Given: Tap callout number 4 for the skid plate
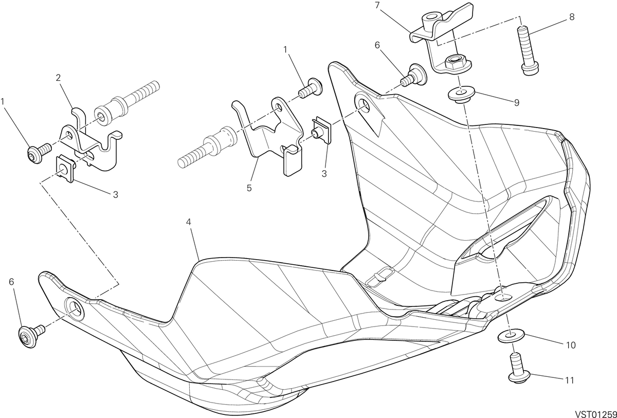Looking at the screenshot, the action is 188,222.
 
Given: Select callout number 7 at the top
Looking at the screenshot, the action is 377,5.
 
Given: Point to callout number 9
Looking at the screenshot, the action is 516,102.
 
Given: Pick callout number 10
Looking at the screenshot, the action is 571,345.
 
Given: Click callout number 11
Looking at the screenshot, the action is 569,380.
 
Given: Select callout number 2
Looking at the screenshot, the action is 58,78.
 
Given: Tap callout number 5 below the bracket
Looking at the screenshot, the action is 249,188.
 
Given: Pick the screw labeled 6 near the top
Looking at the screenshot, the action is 414,75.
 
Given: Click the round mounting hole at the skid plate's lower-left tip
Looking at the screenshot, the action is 75,309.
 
